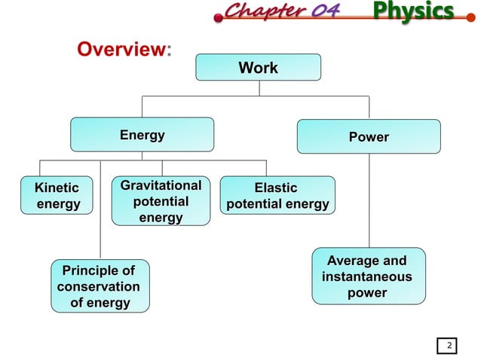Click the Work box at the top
258,68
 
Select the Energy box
142,136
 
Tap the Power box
369,136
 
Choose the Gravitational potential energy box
161,201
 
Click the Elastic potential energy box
277,196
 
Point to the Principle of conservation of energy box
99,286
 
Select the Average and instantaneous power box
368,276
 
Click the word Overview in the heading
121,50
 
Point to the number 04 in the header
321,11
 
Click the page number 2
449,346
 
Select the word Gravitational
161,185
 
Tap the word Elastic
276,188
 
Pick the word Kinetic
52,188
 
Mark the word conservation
99,287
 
